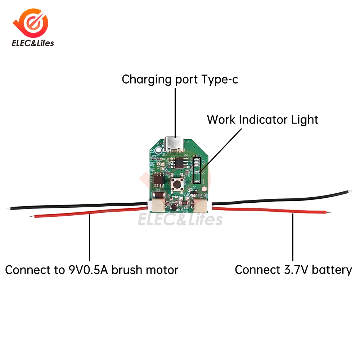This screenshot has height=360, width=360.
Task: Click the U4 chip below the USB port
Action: [x=177, y=162]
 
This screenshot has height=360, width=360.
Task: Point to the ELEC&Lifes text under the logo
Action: [x=33, y=43]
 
